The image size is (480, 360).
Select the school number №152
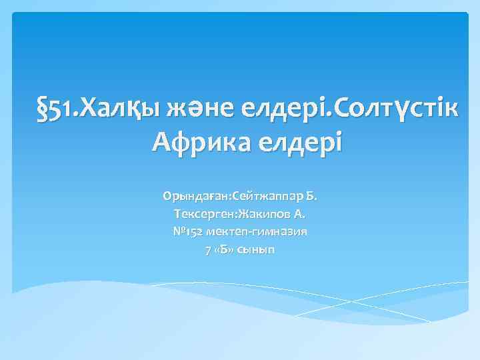189,232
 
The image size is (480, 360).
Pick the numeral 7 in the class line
206,250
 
